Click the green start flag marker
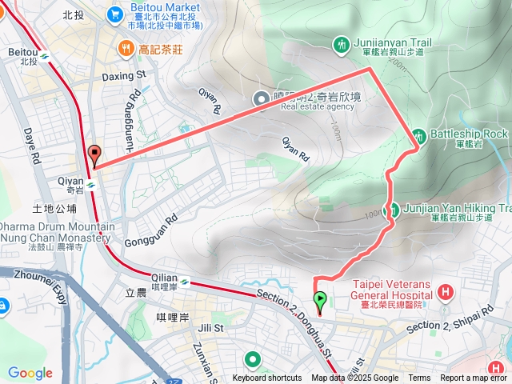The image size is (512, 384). click(321, 302)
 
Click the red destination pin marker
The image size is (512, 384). click(94, 154)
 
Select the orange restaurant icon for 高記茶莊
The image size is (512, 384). click(126, 50)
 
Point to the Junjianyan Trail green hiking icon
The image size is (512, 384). click(342, 43)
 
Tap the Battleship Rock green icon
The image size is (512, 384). click(418, 134)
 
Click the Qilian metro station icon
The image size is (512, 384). click(184, 281)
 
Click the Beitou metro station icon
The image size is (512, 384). click(46, 56)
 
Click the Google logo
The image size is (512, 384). click(30, 373)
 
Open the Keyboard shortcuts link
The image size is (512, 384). click(267, 378)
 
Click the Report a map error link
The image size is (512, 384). click(474, 378)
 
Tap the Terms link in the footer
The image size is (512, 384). click(419, 378)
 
